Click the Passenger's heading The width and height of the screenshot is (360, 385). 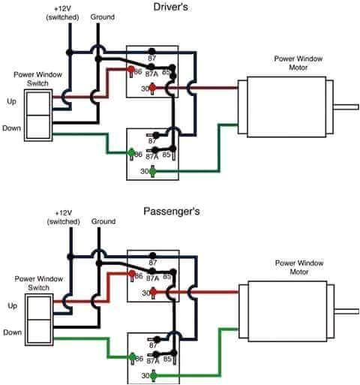[x=172, y=212]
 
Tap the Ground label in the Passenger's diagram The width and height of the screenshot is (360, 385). [x=103, y=221]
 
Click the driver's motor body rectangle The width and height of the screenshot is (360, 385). [x=284, y=107]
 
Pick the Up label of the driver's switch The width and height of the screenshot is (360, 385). [x=12, y=101]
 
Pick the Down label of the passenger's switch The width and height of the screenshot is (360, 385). [x=11, y=331]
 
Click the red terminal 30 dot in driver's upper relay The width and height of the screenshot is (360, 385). [x=153, y=88]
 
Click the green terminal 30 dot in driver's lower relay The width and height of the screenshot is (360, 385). [x=153, y=172]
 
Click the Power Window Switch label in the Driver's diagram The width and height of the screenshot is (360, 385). [x=34, y=79]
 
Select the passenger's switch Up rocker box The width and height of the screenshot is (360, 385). [x=38, y=305]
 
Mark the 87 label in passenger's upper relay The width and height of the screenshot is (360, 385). [x=153, y=263]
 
